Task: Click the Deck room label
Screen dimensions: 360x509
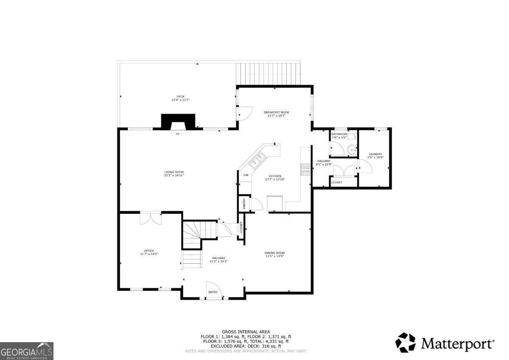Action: coord(180,96)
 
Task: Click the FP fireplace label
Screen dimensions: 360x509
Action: coord(178,134)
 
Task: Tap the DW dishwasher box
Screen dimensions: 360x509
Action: coord(246,175)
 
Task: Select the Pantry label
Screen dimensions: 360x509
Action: coord(244,203)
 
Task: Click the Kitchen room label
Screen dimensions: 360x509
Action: coord(275,176)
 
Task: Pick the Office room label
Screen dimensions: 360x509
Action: coord(149,250)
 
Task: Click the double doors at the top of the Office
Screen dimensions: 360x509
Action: coord(151,218)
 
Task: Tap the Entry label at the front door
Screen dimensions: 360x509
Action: coord(213,292)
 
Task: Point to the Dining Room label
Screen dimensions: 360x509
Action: coord(274,253)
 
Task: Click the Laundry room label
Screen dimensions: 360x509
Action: coord(375,154)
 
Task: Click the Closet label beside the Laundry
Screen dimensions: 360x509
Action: coord(336,182)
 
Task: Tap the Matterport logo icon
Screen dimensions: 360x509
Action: coord(406,342)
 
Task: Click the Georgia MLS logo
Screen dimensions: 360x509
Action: coord(27,351)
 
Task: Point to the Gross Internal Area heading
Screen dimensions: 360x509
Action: coord(246,332)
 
